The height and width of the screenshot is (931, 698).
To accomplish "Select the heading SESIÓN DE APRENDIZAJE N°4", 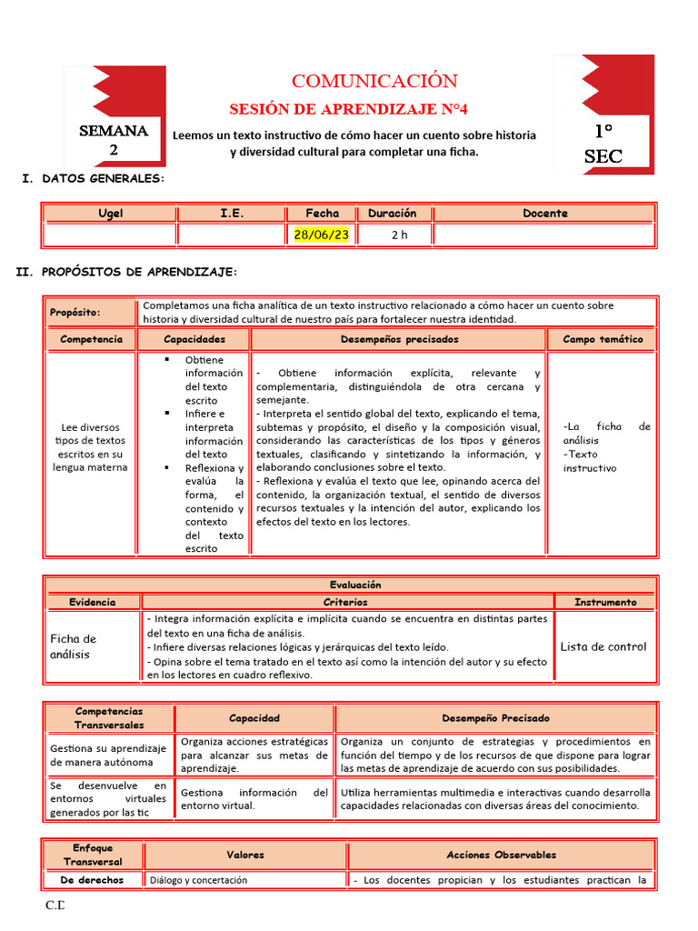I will (348, 109).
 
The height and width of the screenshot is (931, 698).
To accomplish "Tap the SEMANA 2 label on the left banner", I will (114, 140).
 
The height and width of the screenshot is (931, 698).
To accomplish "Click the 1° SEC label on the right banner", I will (603, 144).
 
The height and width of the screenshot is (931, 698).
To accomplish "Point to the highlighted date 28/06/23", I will (321, 235).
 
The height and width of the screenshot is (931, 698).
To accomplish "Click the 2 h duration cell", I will (399, 235).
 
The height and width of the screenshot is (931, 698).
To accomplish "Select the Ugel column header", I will (111, 214).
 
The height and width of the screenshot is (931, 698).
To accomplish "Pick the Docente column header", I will (544, 214).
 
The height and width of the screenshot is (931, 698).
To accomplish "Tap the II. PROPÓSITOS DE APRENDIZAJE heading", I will (127, 272).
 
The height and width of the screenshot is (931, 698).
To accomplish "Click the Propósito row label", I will (75, 313).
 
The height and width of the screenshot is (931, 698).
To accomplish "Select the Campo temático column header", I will (602, 339).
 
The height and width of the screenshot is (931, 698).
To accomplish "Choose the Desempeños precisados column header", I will (399, 339).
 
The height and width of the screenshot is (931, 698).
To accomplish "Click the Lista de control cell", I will (603, 646).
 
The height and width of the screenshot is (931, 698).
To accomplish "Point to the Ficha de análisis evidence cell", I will (73, 646).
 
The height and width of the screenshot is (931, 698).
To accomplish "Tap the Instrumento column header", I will (605, 602).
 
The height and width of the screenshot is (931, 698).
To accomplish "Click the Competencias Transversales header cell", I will (109, 718).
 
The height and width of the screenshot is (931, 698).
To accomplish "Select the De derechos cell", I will (92, 879).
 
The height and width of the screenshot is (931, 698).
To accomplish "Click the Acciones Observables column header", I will (501, 855).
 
